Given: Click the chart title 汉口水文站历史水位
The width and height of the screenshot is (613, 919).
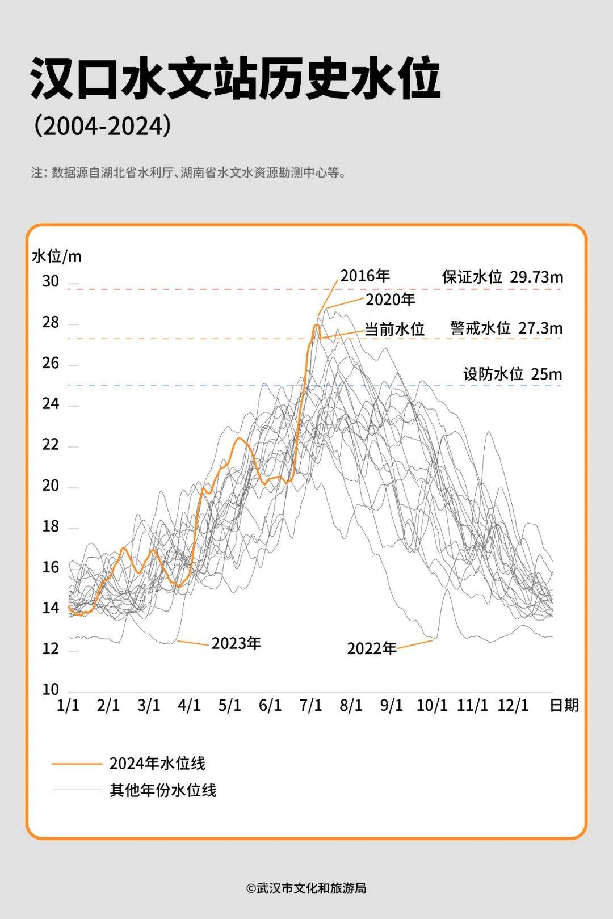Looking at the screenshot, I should coord(235,78).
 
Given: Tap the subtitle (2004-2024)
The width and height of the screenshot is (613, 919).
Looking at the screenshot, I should coord(102,126).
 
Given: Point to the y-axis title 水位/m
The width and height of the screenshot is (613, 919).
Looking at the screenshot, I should coord(57,256).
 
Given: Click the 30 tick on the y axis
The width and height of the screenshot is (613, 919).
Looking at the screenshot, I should coord(51,281).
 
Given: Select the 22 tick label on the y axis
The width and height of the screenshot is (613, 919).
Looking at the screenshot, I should coord(51,445).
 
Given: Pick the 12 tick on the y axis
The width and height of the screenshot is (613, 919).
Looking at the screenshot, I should coord(51,648).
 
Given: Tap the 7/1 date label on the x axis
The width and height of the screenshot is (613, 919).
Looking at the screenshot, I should coord(310,706).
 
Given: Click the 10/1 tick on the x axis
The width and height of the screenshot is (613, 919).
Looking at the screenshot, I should coord(432,706).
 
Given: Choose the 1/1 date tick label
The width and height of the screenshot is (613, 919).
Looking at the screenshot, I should coord(68,706).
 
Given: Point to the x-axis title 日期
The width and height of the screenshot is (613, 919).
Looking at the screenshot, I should coord(564,705).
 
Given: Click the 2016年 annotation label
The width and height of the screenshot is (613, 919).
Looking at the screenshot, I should coord(365,276).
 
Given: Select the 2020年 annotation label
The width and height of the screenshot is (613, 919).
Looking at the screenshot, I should coord(391,300).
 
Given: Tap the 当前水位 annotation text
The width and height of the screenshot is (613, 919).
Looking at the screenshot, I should coord(394,329).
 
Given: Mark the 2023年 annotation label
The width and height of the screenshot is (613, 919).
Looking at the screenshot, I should coord(236,643).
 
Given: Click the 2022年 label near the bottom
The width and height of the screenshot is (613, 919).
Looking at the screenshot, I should coord(372,648).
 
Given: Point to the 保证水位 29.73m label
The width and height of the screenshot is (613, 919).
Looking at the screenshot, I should coord(502,277).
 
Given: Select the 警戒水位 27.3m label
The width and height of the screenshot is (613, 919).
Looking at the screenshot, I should coord(506,328).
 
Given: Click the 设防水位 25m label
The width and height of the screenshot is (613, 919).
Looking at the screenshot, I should coord(513,374).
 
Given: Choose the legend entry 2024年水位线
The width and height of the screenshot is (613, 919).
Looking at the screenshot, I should coord(157,764).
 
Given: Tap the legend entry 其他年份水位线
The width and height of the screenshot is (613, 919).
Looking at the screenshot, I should coord(163,790).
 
